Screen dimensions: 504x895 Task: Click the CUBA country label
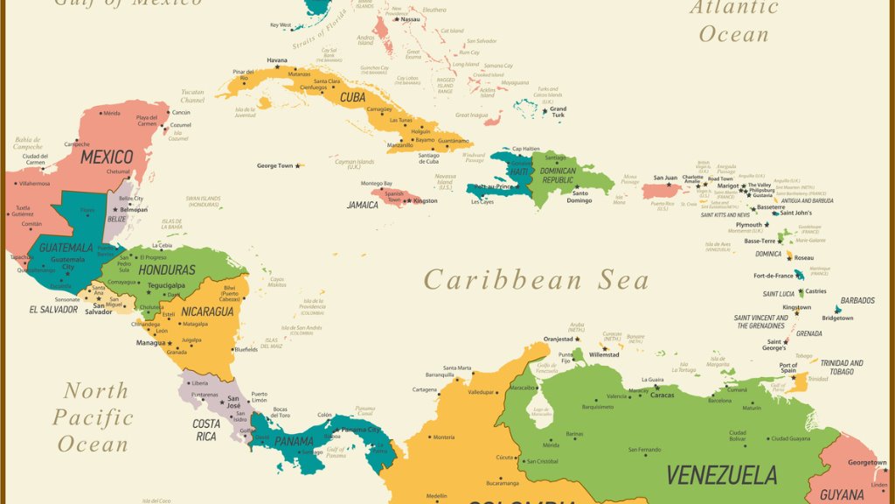[x=353, y=97]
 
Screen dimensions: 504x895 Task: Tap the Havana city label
[x=277, y=60]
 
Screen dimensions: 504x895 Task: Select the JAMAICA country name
[x=363, y=205]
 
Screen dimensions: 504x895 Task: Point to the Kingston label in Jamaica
[x=426, y=201]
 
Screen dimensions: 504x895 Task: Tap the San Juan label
[x=665, y=178]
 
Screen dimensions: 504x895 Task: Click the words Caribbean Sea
[x=537, y=280]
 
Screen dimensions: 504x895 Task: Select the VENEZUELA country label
[x=721, y=475]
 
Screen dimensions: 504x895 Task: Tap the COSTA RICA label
[x=206, y=430]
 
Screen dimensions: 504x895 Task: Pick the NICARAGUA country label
[x=208, y=311]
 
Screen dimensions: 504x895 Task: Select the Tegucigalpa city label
[x=166, y=285]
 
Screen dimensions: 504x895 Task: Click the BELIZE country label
[x=116, y=220]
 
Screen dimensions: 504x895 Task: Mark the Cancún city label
[x=181, y=113]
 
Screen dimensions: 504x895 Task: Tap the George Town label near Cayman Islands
[x=274, y=165]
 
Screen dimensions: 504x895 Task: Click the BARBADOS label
[x=857, y=300]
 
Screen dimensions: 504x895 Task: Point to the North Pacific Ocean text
[x=94, y=417]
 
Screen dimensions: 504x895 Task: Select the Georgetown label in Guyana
[x=867, y=462]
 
